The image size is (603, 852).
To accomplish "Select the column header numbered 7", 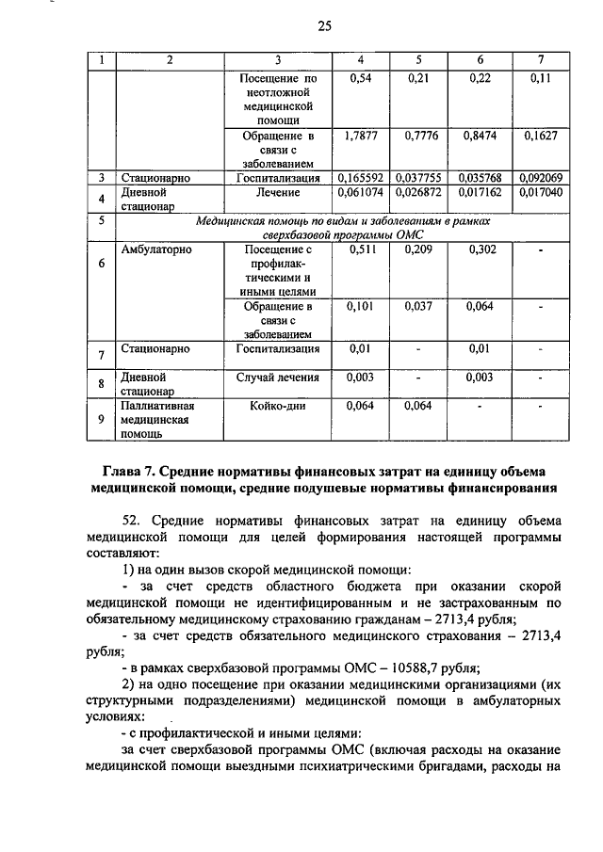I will pos(540,60).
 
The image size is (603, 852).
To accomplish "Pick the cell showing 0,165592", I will pos(361,177).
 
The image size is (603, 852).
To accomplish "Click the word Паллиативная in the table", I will pos(158,406).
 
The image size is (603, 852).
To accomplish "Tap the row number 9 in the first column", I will pos(101,420).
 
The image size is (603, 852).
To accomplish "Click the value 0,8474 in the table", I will pos(481,136).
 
